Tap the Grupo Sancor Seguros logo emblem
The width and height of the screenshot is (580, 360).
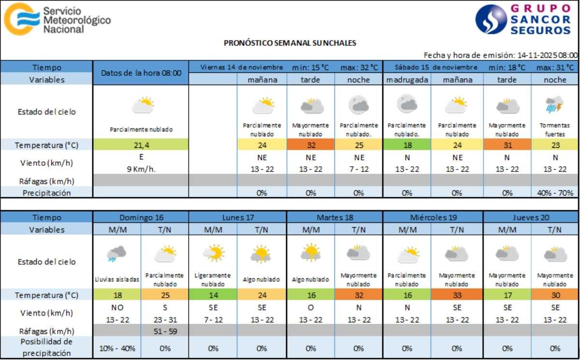coord(491,19)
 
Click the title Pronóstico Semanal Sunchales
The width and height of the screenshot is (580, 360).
coord(290,43)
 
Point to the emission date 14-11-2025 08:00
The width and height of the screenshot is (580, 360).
coord(547,55)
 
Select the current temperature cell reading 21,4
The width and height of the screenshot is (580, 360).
coord(141,144)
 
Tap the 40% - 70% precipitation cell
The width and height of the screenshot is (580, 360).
coord(555,193)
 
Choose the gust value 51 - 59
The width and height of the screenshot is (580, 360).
coord(165,331)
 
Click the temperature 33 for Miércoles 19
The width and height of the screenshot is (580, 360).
coord(457,295)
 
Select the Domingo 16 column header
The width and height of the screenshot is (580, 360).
coord(141,217)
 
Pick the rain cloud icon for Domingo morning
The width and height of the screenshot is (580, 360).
coord(116,253)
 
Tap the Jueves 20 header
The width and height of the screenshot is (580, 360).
coord(531,217)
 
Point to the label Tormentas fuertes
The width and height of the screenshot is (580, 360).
coord(555,130)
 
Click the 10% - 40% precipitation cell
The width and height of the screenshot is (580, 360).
coord(116,348)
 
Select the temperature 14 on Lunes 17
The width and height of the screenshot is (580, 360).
coord(213,295)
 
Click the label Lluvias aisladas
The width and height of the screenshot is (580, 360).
coord(116,279)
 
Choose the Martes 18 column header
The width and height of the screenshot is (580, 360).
coord(335,217)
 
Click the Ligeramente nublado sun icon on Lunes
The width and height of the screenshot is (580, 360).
coord(213,253)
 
